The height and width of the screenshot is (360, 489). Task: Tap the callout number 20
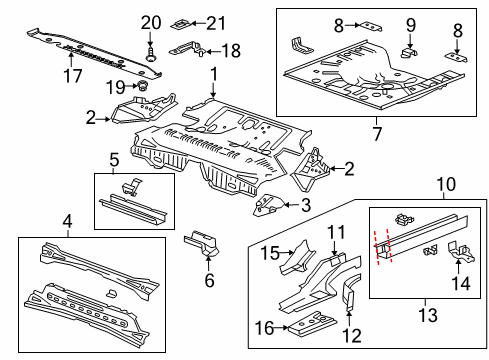tap(150, 23)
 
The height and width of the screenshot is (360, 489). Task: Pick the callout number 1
tap(213, 73)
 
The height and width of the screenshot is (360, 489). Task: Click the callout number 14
tap(462, 283)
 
